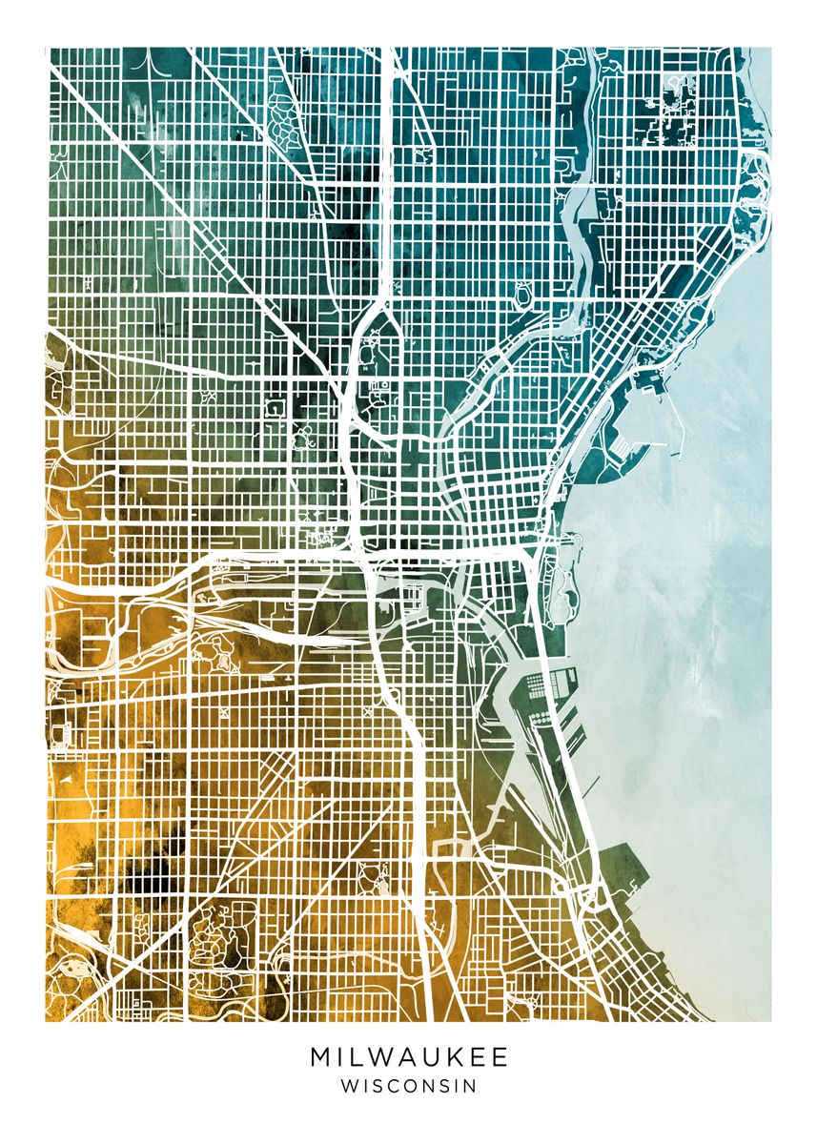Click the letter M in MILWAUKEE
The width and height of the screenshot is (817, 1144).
click(x=320, y=1057)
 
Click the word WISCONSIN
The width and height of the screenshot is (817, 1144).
click(x=408, y=1086)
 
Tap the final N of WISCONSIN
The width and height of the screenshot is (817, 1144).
click(x=470, y=1086)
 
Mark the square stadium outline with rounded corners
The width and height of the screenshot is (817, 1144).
click(x=276, y=407)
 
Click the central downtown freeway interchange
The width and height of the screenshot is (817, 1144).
click(x=361, y=550)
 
